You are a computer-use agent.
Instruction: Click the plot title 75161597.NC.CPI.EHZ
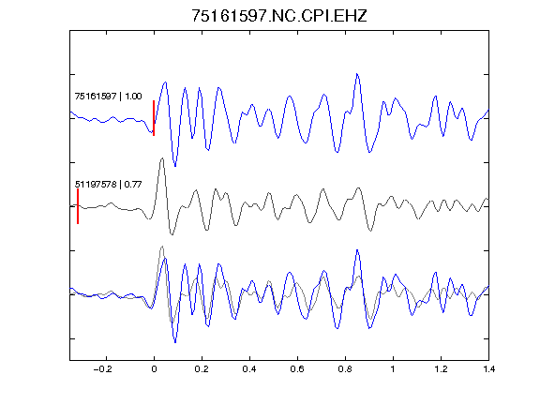tap(279, 16)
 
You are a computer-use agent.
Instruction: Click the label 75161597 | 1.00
tap(108, 96)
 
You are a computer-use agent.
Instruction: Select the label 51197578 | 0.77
tap(108, 185)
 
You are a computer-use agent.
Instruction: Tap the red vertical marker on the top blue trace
tap(154, 118)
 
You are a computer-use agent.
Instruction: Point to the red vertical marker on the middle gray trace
tap(78, 206)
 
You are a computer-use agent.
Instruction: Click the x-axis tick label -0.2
tap(102, 369)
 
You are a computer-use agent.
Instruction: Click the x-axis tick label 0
tap(154, 369)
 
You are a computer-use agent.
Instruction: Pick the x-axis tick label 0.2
tap(202, 369)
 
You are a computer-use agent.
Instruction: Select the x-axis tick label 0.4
tap(249, 369)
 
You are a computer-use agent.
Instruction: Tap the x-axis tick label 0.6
tap(297, 369)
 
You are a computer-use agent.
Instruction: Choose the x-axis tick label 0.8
tap(345, 369)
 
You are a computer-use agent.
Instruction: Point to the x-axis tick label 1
tap(393, 369)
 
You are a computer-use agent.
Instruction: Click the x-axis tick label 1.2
tap(441, 369)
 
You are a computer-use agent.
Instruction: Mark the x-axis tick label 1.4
tap(488, 369)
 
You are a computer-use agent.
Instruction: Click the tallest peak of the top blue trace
tap(357, 74)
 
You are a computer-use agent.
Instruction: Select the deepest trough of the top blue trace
tap(175, 166)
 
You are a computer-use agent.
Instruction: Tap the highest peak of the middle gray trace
tap(162, 158)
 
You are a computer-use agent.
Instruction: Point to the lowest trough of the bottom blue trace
tap(175, 343)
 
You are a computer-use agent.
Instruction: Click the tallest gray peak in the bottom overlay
tap(162, 247)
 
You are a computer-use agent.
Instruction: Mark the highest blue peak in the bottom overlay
tap(357, 250)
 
